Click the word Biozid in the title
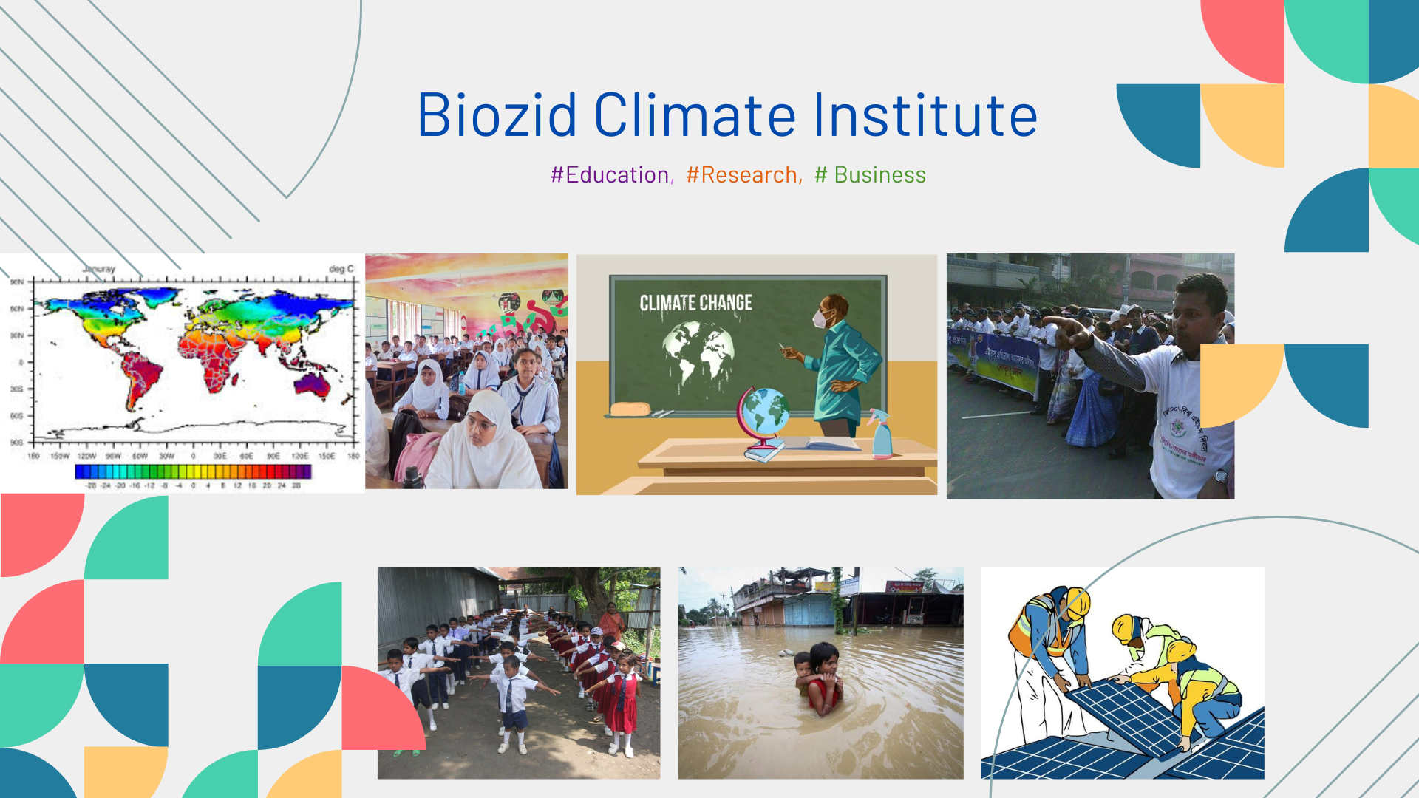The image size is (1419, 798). click(497, 115)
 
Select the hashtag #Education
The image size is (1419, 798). click(611, 175)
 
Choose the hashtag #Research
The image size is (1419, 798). click(743, 175)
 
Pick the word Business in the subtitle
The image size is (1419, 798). click(879, 175)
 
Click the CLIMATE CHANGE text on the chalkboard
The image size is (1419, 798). click(695, 303)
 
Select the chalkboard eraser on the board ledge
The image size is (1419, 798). click(630, 409)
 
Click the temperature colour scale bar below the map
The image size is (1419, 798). click(193, 471)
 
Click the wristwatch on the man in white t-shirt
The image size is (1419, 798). click(1221, 476)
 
